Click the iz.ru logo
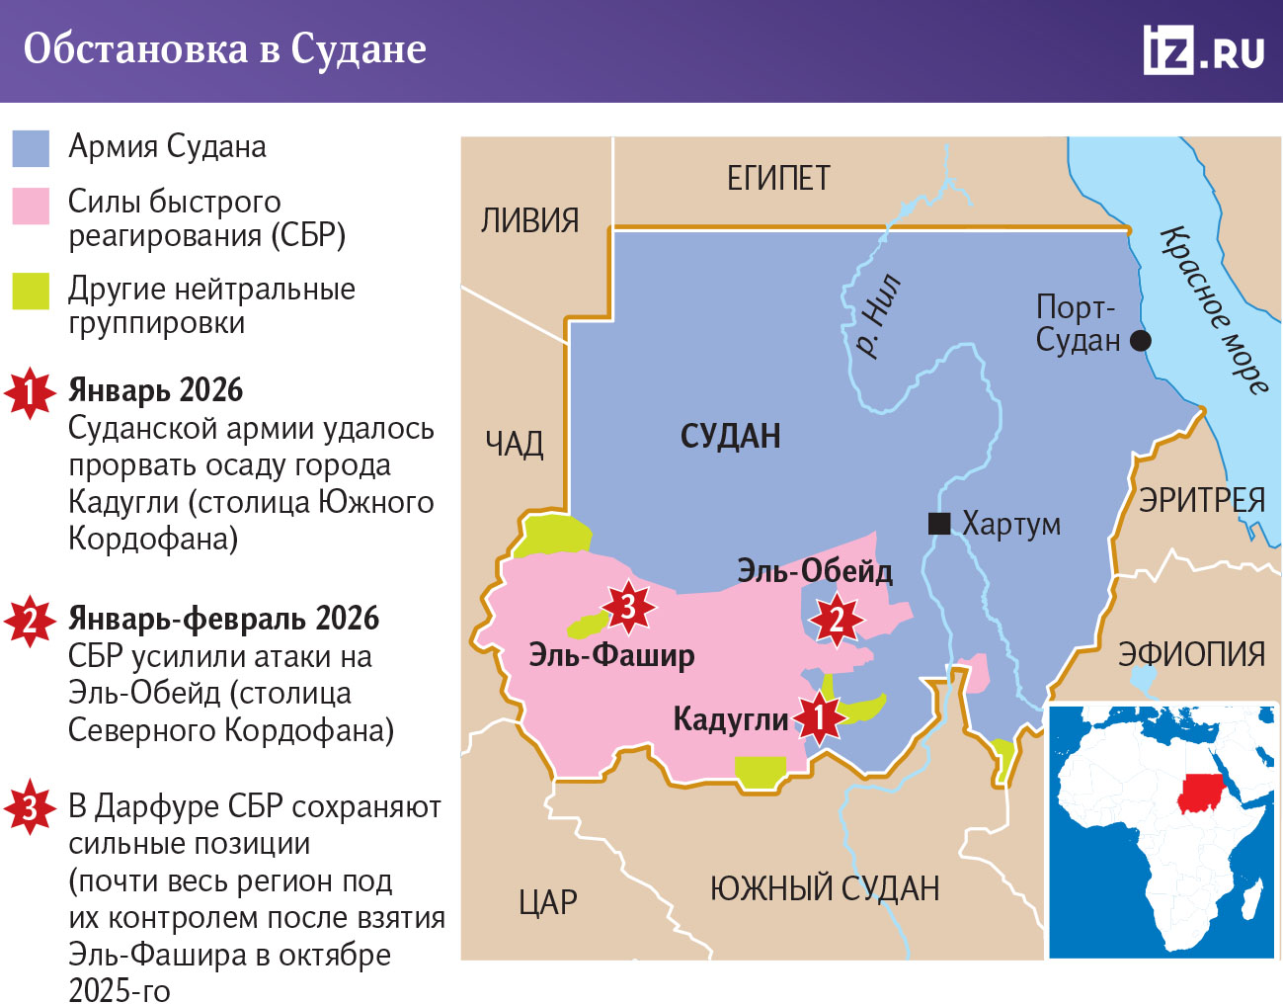1203,49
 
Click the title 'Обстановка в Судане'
225,48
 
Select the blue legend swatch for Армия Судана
31,148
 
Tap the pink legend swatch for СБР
31,207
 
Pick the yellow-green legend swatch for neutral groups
31,292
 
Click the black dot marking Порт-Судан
1140,341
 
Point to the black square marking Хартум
939,523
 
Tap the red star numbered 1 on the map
819,718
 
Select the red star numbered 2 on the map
837,620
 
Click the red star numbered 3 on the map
628,606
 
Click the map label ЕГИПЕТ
778,179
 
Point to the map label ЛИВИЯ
529,220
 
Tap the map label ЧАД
514,444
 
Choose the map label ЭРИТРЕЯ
1201,500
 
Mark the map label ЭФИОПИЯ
1191,654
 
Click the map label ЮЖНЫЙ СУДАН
824,888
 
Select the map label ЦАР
548,902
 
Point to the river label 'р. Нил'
877,315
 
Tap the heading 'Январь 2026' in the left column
155,390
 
